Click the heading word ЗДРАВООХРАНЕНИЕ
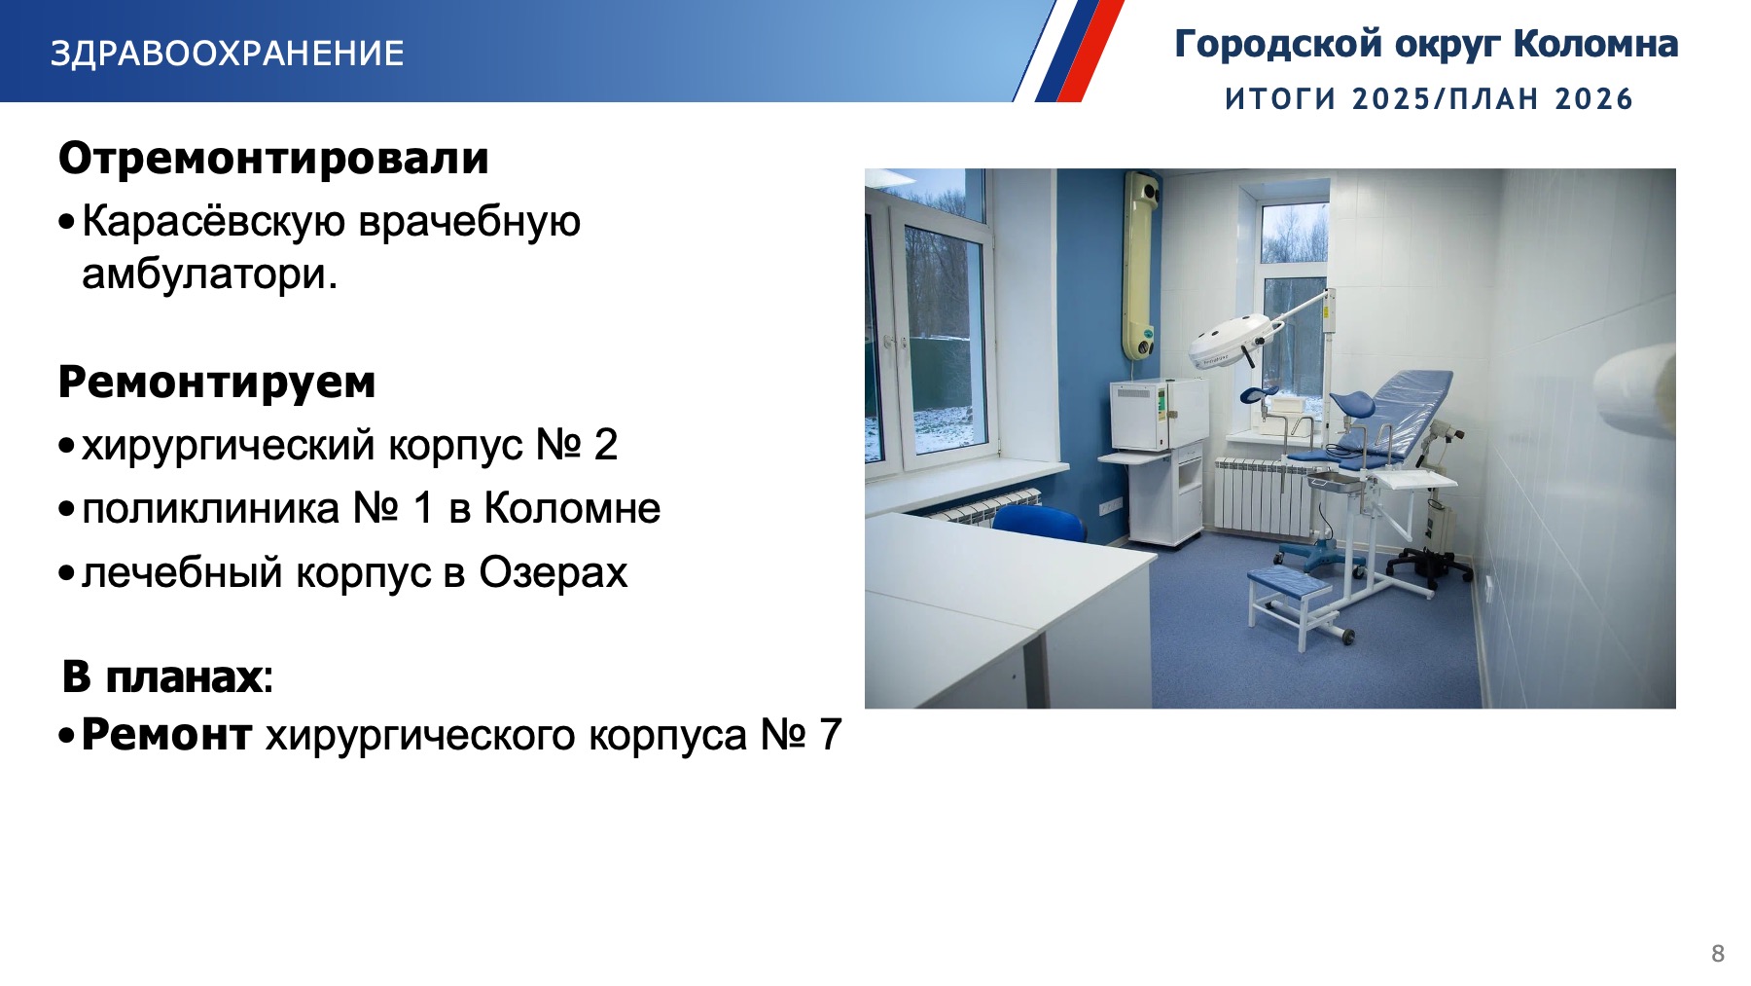point(227,53)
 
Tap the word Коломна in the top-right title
point(1595,44)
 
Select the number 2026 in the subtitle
point(1593,98)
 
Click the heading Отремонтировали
point(273,158)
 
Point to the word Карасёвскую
point(213,221)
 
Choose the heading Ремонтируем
point(217,383)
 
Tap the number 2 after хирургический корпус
point(606,445)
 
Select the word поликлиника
point(211,509)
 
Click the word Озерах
point(554,572)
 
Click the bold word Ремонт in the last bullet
point(166,735)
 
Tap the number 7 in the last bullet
point(830,735)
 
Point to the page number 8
point(1718,954)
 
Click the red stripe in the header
point(1090,51)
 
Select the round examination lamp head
point(1230,341)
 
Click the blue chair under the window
point(1039,524)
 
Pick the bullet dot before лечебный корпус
point(66,573)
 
